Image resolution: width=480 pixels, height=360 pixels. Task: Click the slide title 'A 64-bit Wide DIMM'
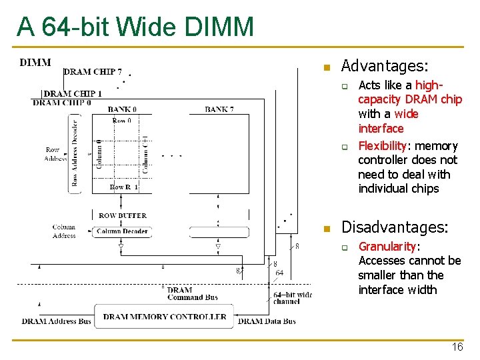click(135, 27)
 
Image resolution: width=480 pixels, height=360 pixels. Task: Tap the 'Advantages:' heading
click(385, 66)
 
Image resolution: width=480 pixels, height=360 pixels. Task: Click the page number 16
click(457, 347)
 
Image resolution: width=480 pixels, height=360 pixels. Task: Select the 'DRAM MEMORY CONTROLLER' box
click(165, 317)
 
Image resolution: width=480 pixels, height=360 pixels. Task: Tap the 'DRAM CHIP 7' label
click(93, 72)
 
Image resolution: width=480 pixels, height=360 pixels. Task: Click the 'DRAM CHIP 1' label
click(73, 94)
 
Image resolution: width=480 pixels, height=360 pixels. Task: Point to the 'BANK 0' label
click(122, 109)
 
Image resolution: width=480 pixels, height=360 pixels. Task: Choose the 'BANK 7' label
click(219, 109)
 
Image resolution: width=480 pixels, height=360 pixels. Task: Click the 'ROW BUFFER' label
click(122, 216)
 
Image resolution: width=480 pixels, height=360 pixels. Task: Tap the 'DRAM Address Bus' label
click(57, 321)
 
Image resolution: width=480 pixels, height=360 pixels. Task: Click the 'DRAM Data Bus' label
click(267, 321)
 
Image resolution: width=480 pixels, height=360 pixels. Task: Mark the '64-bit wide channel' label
click(292, 298)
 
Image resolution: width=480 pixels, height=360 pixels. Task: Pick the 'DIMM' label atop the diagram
click(35, 63)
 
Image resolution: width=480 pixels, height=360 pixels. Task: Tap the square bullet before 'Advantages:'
click(326, 67)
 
